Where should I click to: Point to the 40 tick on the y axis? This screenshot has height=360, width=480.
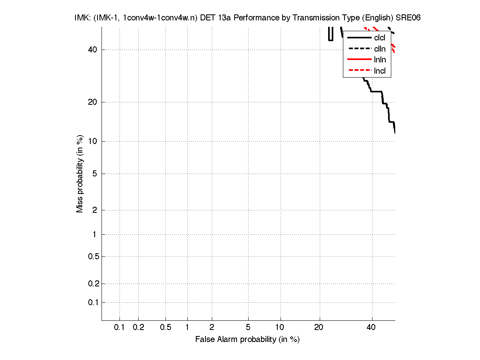[93, 50]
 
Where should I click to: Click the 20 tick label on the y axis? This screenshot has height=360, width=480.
[93, 102]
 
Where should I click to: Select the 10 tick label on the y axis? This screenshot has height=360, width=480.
[93, 141]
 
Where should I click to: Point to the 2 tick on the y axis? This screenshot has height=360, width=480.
[95, 210]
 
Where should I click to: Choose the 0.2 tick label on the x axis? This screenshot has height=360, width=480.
[138, 327]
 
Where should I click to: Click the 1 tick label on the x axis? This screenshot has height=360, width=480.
[187, 327]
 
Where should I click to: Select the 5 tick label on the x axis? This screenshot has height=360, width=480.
[248, 327]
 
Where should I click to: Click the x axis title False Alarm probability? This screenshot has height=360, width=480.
[247, 340]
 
